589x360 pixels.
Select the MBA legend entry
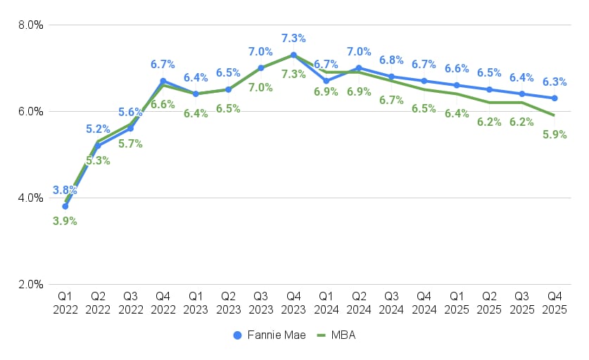click(x=337, y=335)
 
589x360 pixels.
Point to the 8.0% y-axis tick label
click(x=30, y=25)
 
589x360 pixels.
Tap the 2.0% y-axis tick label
click(x=30, y=285)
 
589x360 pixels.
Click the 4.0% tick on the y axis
click(x=30, y=198)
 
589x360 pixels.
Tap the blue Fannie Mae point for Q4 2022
click(x=163, y=81)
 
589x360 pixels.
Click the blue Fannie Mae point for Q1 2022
click(x=65, y=207)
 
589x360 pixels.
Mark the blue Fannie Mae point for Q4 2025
click(x=555, y=98)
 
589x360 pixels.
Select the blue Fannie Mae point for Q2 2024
click(x=359, y=68)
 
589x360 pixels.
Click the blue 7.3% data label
click(x=293, y=38)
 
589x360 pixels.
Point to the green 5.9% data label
click(x=555, y=135)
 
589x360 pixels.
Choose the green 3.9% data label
click(x=65, y=221)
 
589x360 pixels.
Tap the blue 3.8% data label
click(x=65, y=190)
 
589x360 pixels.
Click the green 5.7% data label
click(x=131, y=143)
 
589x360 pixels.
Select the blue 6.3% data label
click(x=555, y=81)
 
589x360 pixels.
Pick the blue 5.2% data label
click(x=98, y=129)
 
